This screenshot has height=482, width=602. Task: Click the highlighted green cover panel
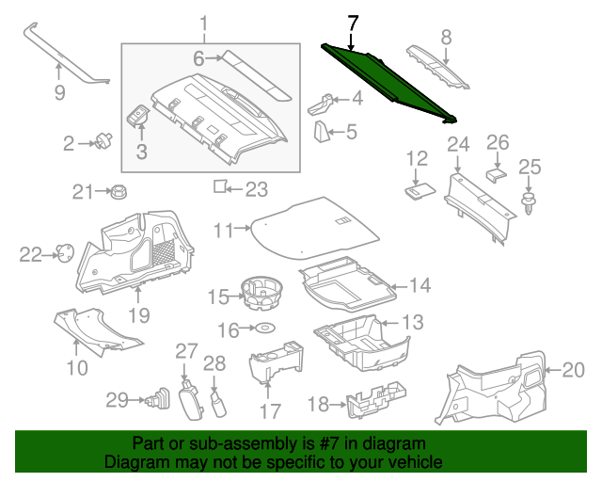pos(386,83)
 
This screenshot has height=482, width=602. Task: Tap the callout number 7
pos(352,23)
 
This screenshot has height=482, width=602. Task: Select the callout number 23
pos(256,189)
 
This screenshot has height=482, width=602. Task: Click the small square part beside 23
pos(219,186)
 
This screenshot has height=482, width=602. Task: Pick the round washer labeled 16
pos(266,329)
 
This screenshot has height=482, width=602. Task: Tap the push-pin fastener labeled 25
pos(530,203)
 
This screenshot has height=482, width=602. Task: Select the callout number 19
pos(138,314)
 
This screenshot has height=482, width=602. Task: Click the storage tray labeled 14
pos(343,287)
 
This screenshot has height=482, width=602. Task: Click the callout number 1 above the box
pos(205,23)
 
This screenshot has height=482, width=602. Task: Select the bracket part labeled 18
pos(372,404)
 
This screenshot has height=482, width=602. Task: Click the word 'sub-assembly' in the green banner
pos(231,443)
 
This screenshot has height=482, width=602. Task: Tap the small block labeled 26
pos(496,173)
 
